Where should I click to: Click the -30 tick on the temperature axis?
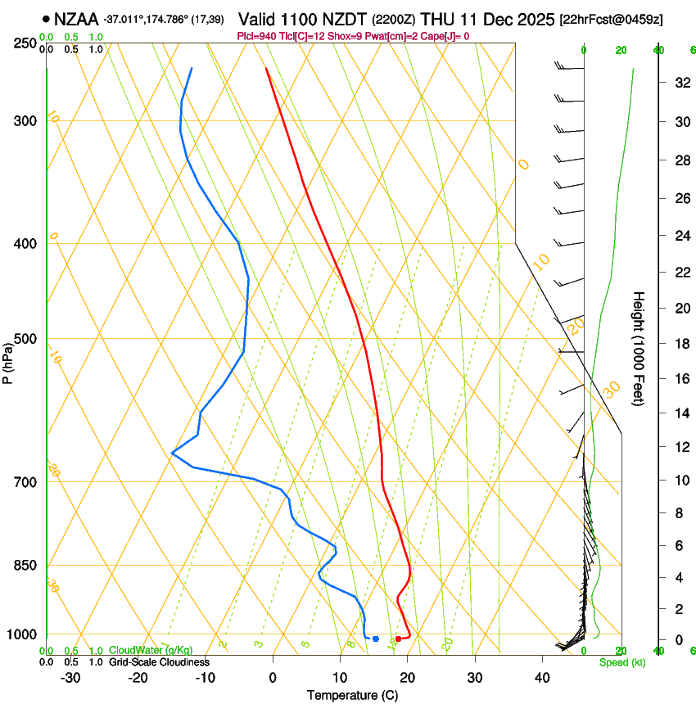click(70, 677)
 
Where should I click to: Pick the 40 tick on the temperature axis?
click(541, 677)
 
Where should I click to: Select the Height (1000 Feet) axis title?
click(640, 348)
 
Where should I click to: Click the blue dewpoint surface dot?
click(376, 639)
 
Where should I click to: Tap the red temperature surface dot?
click(399, 639)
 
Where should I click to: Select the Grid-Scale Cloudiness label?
click(159, 662)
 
